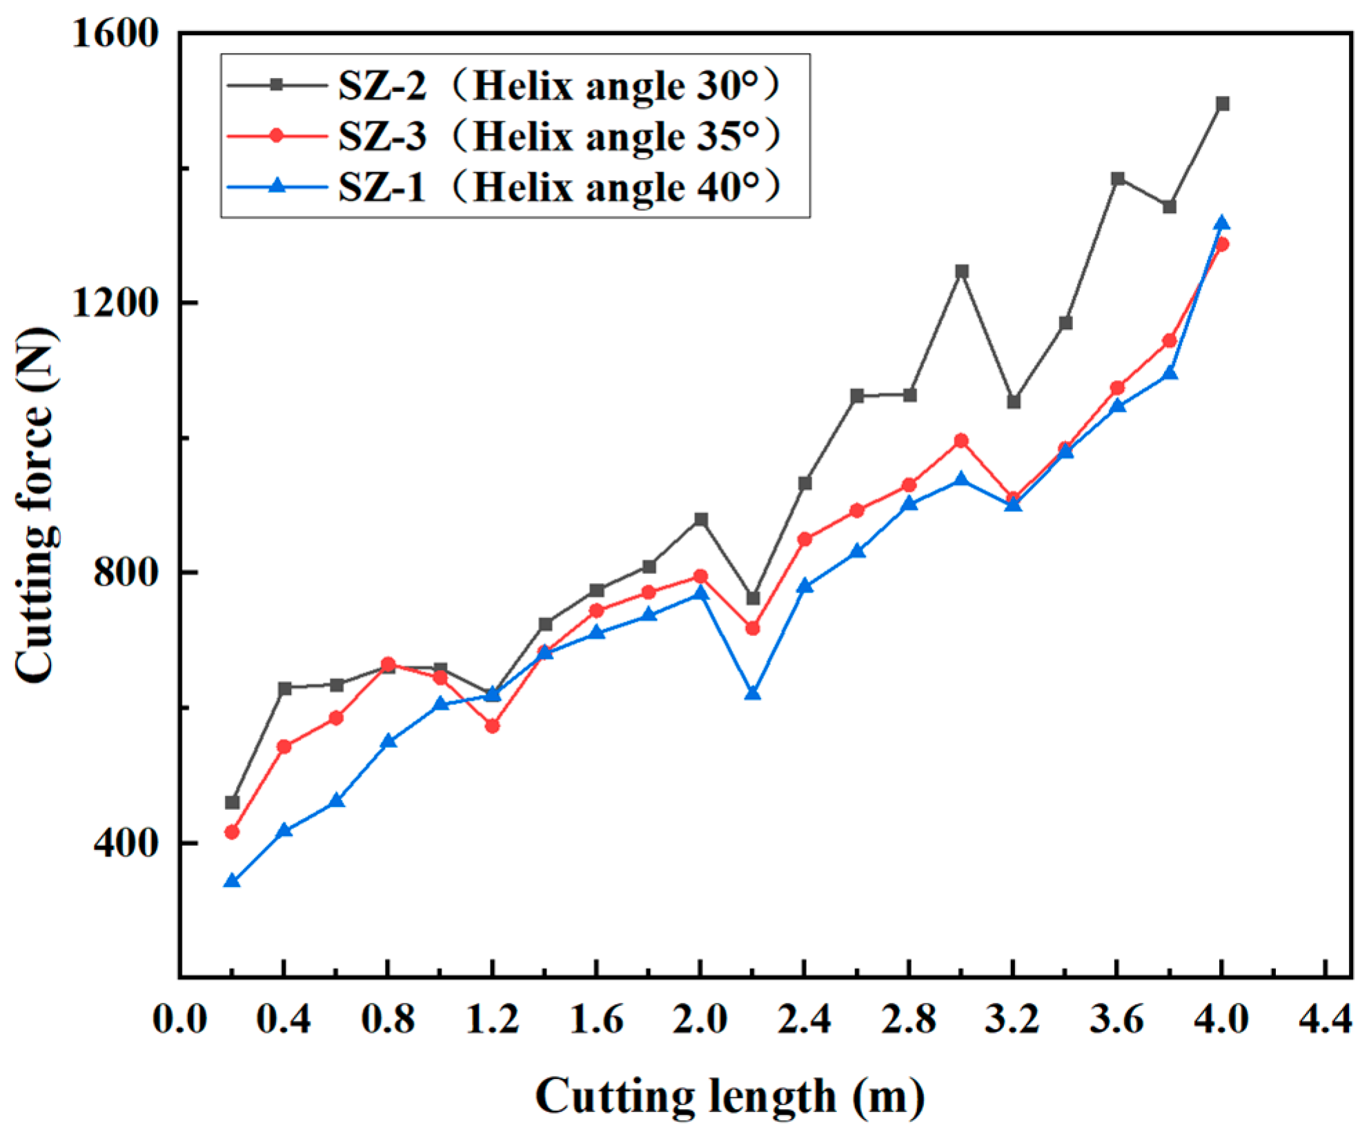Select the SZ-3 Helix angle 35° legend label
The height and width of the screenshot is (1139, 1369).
click(x=559, y=136)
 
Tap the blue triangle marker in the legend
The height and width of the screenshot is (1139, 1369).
click(x=277, y=186)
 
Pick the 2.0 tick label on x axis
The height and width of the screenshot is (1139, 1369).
click(x=700, y=1019)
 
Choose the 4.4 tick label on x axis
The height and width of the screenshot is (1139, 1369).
click(x=1325, y=1019)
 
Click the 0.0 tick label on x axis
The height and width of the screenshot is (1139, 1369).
click(x=179, y=1019)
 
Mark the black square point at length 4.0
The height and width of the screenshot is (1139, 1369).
click(x=1222, y=104)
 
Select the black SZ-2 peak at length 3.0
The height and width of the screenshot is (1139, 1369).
click(x=961, y=271)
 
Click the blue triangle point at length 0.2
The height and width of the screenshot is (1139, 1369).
click(x=232, y=881)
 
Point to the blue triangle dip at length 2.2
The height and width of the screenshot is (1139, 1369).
click(x=753, y=693)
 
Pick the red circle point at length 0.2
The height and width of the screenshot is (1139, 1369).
click(x=232, y=832)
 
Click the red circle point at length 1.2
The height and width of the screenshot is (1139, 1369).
click(x=492, y=726)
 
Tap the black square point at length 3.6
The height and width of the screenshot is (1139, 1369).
click(x=1118, y=179)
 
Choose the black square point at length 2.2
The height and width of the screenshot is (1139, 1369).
click(x=753, y=598)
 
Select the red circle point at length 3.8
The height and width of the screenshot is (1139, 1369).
click(x=1169, y=341)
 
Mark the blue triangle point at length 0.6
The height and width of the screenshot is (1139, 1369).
click(x=336, y=801)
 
